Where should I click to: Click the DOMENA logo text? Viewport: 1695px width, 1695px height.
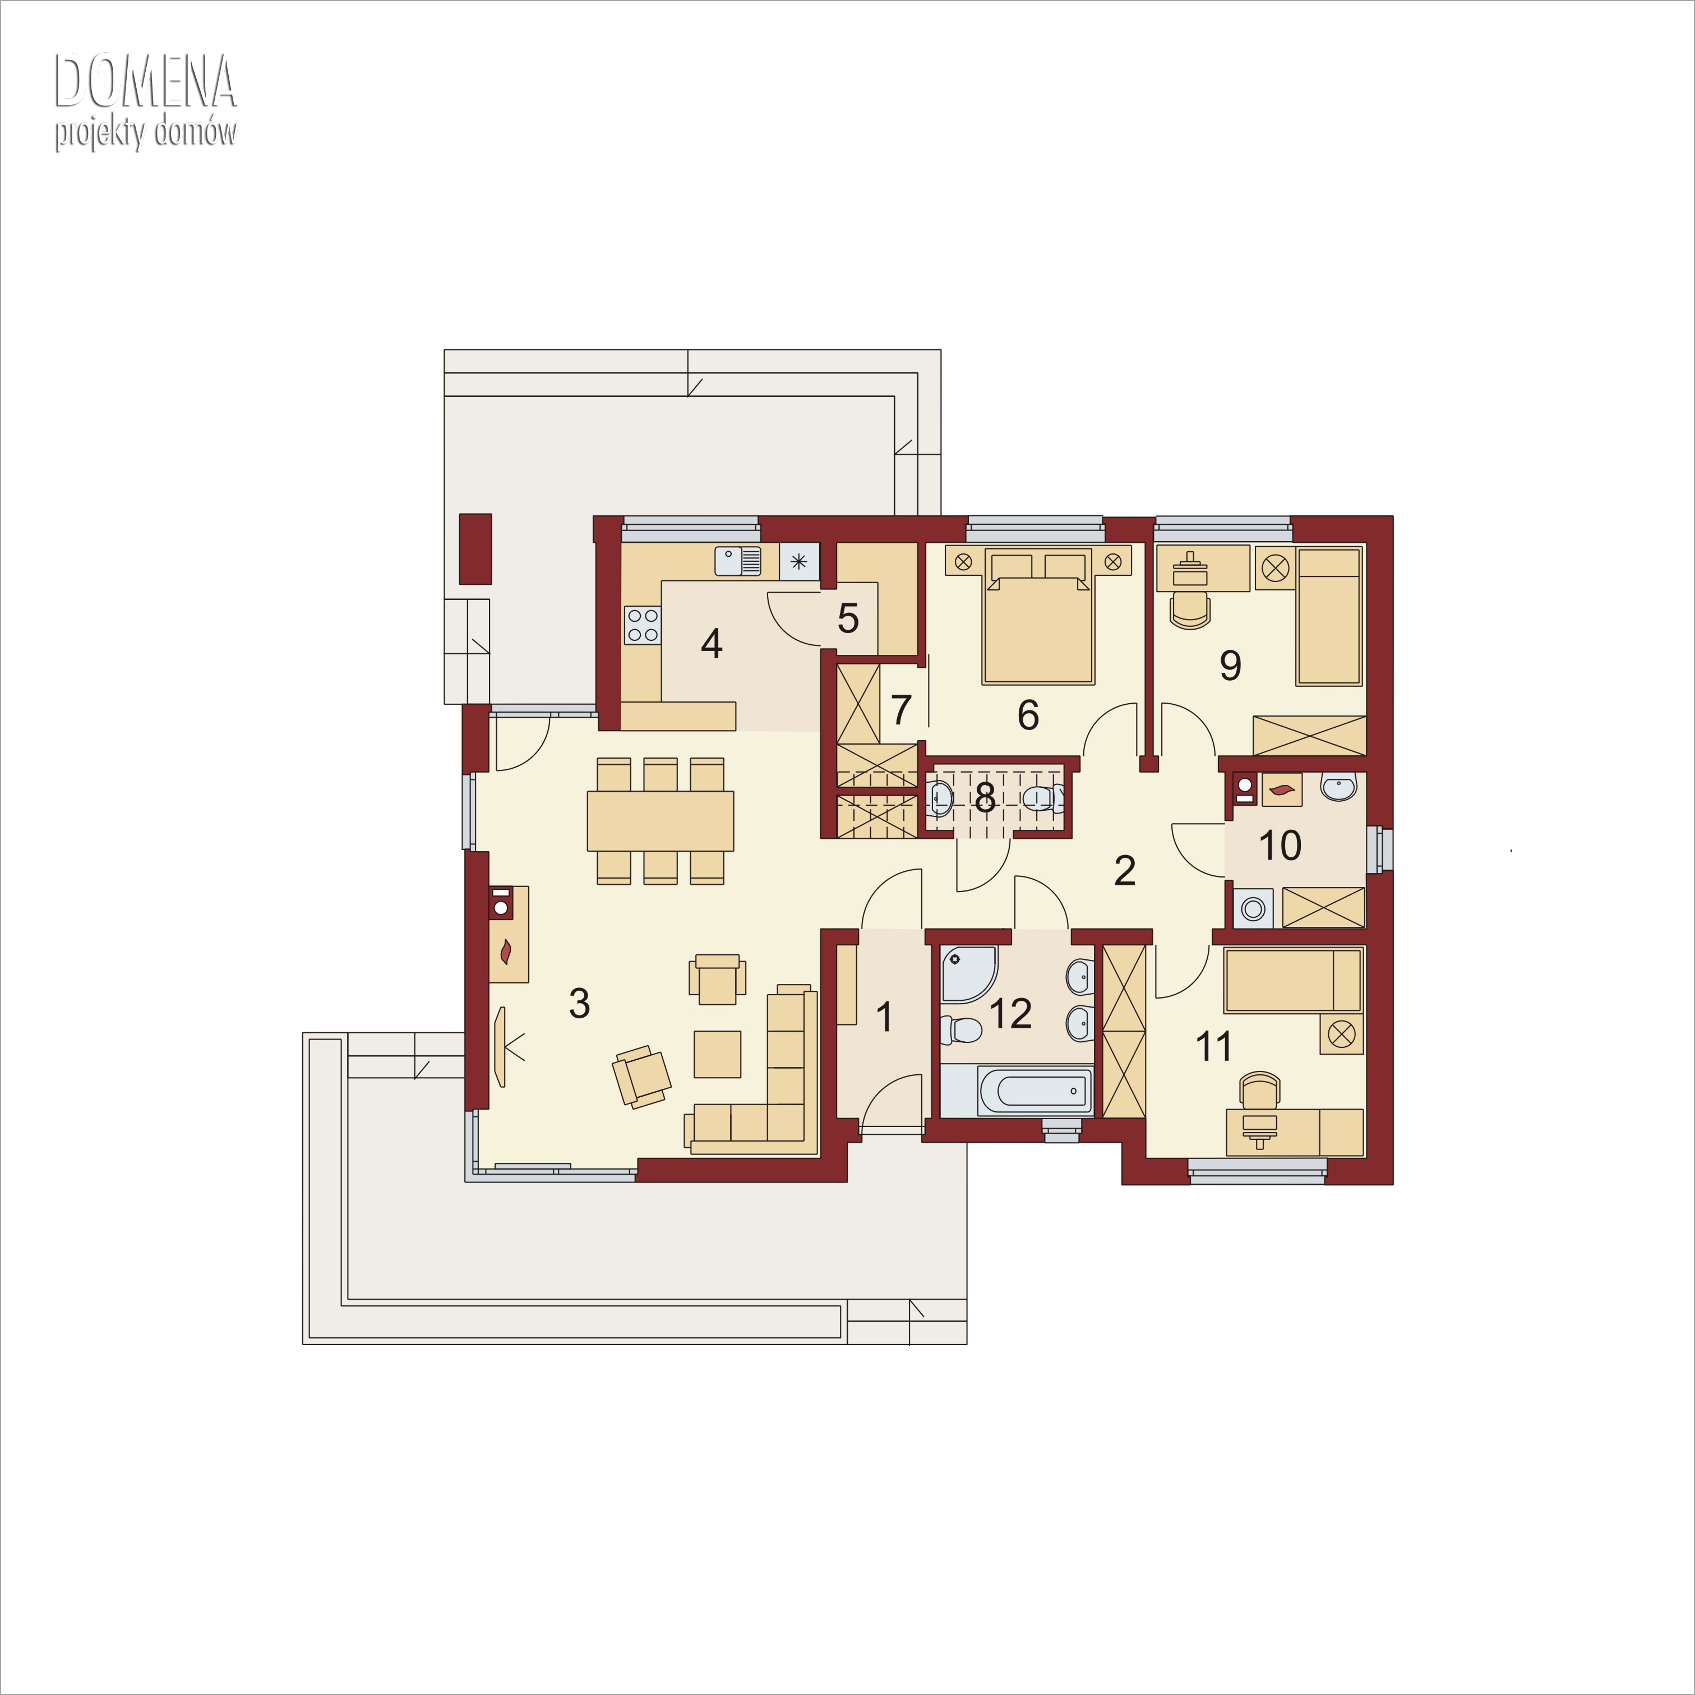(x=146, y=82)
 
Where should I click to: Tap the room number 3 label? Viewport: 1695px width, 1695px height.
(x=579, y=1003)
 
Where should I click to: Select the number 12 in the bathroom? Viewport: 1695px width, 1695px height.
(x=1010, y=1013)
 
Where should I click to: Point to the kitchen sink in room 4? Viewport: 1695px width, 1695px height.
(x=738, y=561)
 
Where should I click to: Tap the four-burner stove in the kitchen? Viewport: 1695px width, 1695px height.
(x=642, y=625)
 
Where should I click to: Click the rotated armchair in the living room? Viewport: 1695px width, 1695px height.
(x=641, y=1077)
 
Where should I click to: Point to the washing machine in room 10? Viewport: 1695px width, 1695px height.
(x=1253, y=908)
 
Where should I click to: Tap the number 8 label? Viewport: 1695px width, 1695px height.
(x=985, y=797)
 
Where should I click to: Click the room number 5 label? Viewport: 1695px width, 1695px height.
(x=848, y=618)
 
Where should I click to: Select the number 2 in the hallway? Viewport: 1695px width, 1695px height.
(x=1125, y=870)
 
